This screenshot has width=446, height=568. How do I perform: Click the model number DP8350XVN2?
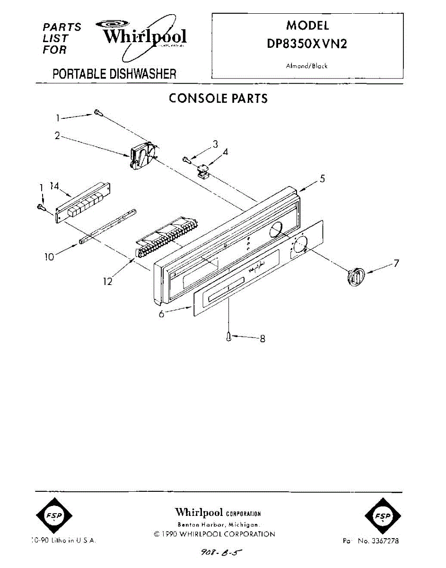pyautogui.click(x=307, y=44)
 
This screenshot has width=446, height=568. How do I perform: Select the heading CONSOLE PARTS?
pyautogui.click(x=218, y=98)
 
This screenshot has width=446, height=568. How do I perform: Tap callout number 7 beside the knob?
pyautogui.click(x=396, y=263)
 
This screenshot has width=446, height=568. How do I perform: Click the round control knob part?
pyautogui.click(x=356, y=275)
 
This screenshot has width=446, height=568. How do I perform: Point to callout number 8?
pyautogui.click(x=262, y=338)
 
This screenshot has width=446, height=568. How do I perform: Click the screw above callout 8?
pyautogui.click(x=229, y=337)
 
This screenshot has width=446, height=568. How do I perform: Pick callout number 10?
pyautogui.click(x=49, y=257)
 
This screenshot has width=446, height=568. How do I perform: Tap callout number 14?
pyautogui.click(x=55, y=186)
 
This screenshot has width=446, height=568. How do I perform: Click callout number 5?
pyautogui.click(x=322, y=178)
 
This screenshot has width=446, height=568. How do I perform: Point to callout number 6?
pyautogui.click(x=161, y=314)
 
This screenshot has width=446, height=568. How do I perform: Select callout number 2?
pyautogui.click(x=57, y=136)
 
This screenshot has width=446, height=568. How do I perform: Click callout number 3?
pyautogui.click(x=215, y=144)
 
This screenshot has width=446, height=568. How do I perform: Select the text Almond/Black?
pyautogui.click(x=306, y=66)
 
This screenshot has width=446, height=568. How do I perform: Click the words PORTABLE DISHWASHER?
pyautogui.click(x=114, y=74)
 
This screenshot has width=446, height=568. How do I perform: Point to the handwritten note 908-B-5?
pyautogui.click(x=221, y=552)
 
